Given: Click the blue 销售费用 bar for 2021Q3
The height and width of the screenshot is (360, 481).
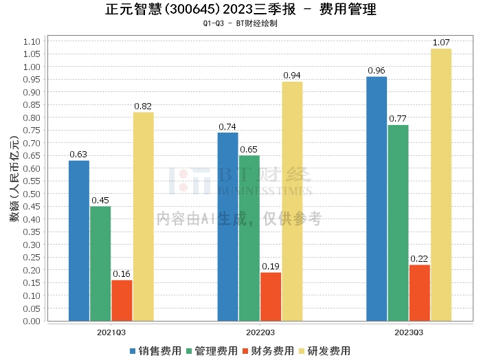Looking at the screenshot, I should pyautogui.click(x=79, y=240).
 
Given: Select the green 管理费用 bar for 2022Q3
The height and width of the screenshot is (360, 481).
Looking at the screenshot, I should pyautogui.click(x=249, y=238).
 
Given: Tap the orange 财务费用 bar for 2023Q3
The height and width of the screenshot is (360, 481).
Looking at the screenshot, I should pyautogui.click(x=419, y=293).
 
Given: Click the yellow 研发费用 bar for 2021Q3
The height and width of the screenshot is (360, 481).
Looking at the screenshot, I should pyautogui.click(x=143, y=216).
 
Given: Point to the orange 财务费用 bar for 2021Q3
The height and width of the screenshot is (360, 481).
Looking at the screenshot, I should pyautogui.click(x=122, y=300).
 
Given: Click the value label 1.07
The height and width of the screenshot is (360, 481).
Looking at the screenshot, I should pyautogui.click(x=441, y=43).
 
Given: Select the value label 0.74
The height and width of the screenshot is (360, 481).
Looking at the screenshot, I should pyautogui.click(x=227, y=127).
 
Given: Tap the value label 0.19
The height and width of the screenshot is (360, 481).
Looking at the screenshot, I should pyautogui.click(x=271, y=267).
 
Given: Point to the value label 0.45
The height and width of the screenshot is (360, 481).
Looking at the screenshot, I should pyautogui.click(x=100, y=201).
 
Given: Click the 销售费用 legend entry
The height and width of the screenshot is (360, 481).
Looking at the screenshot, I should pyautogui.click(x=156, y=350).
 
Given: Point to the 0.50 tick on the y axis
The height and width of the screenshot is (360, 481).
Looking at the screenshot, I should pyautogui.click(x=31, y=194).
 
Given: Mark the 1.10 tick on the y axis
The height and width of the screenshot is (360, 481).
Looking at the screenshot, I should pyautogui.click(x=31, y=41).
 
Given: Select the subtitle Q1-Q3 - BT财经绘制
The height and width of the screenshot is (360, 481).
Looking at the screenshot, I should pyautogui.click(x=240, y=23).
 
